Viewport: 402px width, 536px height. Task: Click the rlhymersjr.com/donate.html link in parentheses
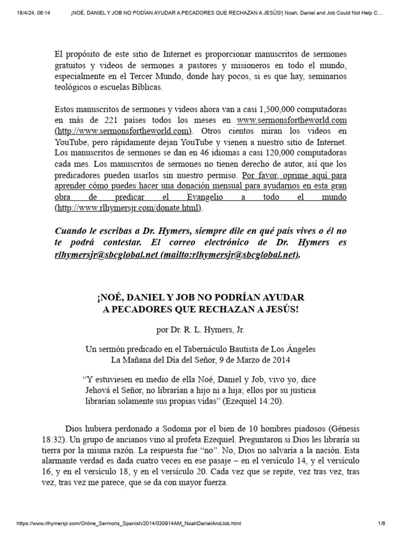[x=128, y=208]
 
